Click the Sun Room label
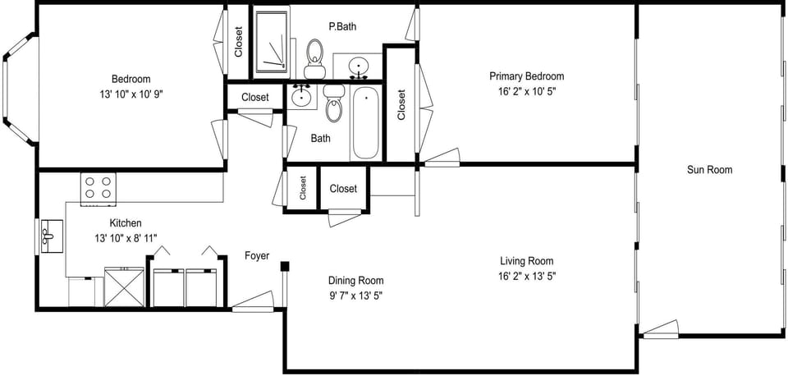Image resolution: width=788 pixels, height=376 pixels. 709,170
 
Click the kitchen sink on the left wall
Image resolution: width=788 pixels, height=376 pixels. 48,237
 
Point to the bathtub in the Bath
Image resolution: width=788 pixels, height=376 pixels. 365,125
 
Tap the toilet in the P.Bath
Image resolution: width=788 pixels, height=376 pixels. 314,54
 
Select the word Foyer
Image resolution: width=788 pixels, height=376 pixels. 257,256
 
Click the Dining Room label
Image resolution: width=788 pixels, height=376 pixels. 355,281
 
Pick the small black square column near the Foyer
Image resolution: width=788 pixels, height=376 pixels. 284,266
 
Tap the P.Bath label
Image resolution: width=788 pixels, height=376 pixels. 342,26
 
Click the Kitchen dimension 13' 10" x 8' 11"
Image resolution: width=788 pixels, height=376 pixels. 126,238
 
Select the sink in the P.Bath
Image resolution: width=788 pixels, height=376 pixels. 359,66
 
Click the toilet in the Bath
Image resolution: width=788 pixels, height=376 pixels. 333,103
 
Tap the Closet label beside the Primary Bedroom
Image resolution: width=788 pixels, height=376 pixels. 401,104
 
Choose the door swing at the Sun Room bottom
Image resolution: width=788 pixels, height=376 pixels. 661,329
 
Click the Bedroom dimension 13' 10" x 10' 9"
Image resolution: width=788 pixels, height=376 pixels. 131,94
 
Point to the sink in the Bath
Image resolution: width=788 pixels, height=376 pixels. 302,95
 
